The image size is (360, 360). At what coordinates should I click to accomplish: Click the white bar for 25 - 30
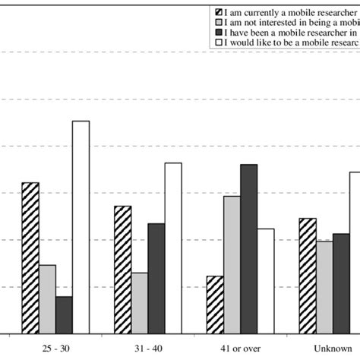(81, 226)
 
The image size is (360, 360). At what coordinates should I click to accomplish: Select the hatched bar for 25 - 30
(30, 257)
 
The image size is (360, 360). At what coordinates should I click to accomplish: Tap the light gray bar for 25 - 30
(47, 298)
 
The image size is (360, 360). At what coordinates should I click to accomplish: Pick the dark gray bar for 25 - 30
(64, 314)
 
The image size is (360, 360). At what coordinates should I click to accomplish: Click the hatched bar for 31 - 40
(123, 269)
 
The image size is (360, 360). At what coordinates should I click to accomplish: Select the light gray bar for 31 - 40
(140, 302)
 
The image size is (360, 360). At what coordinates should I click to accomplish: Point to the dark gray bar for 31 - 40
(156, 278)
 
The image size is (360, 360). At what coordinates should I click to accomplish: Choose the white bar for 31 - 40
(173, 248)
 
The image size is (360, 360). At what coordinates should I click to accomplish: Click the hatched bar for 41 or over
(215, 304)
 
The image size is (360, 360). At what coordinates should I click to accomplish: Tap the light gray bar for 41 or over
(232, 264)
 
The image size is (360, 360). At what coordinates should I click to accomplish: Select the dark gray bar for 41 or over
(248, 248)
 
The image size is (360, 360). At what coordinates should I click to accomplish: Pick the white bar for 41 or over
(265, 280)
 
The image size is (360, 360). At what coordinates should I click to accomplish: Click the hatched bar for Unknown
(308, 275)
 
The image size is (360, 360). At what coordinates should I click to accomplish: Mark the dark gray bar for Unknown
(341, 283)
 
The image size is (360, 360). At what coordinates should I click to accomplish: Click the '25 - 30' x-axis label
(55, 347)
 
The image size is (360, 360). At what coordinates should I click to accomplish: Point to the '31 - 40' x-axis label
(148, 347)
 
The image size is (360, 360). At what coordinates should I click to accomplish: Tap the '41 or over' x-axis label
(240, 347)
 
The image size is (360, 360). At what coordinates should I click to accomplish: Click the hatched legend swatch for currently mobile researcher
(219, 13)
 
